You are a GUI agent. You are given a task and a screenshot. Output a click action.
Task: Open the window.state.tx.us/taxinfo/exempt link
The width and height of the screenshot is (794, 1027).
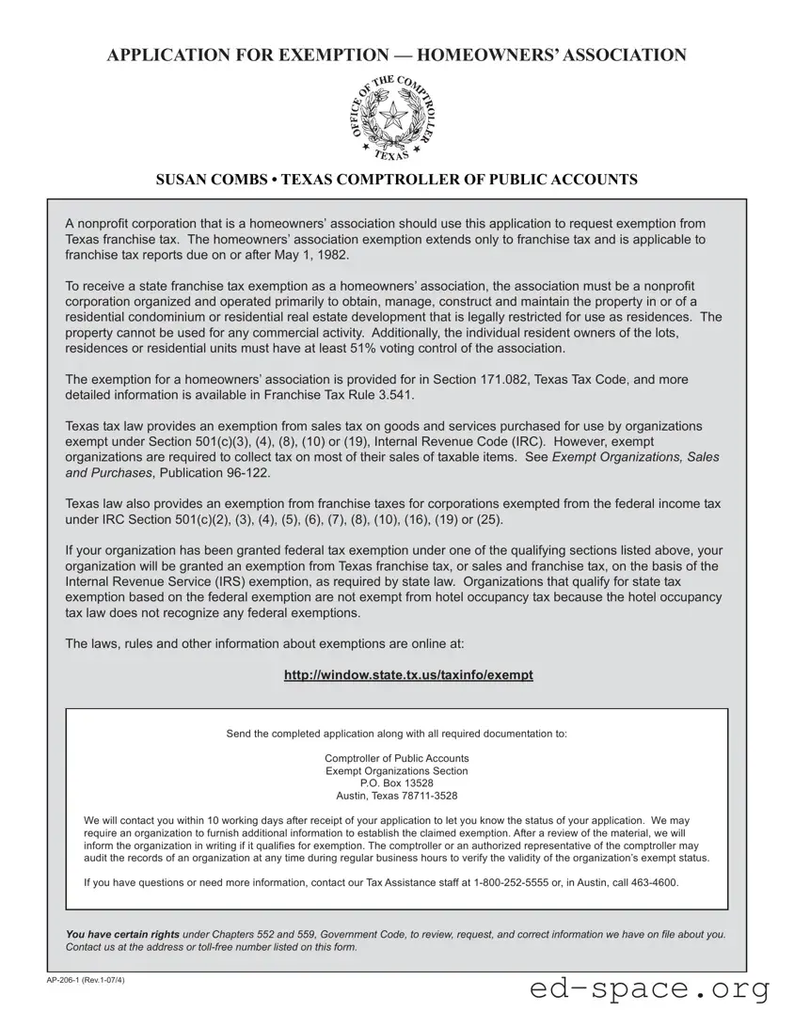tap(408, 675)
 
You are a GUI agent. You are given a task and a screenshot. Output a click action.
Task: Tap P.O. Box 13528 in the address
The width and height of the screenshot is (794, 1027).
tap(396, 782)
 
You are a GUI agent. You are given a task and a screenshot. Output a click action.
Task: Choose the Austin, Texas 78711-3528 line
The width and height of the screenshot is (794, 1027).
tap(396, 796)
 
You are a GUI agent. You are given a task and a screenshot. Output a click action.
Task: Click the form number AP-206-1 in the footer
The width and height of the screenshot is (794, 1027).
tap(68, 981)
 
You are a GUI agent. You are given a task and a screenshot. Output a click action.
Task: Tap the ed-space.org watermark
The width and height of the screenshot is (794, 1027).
tap(650, 988)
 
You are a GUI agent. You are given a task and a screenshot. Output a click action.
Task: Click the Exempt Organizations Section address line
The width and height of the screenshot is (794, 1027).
tap(396, 770)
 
